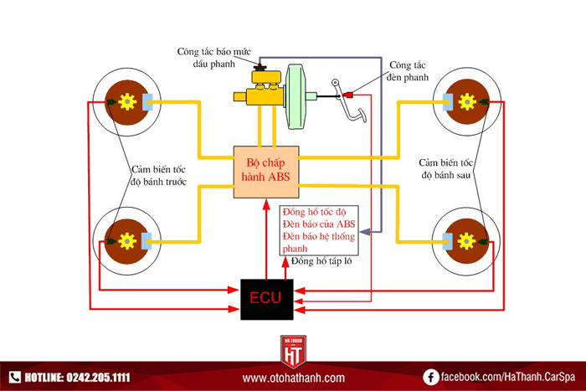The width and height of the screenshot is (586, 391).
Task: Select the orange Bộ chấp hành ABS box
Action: point(265,171)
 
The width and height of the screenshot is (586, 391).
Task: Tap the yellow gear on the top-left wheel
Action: point(127,102)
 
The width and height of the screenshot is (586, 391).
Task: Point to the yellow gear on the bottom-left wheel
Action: point(127,241)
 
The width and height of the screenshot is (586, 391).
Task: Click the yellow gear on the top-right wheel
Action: point(467,102)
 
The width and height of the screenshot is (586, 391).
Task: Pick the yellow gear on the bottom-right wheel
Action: point(467,241)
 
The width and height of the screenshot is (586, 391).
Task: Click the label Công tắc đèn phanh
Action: point(409,71)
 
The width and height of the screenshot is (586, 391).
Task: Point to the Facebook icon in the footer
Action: point(431,378)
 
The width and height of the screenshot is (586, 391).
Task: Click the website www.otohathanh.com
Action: point(293,378)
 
